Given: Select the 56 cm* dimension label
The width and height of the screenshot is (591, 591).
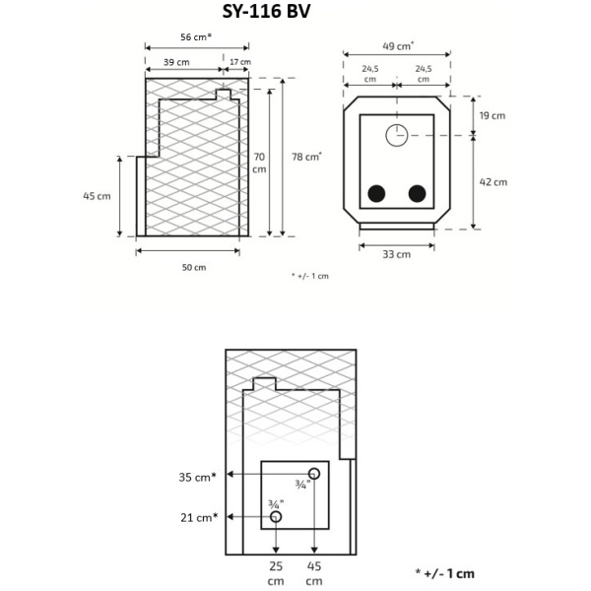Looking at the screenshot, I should [196, 36].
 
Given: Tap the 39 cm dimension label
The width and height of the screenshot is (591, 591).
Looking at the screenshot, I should [177, 62].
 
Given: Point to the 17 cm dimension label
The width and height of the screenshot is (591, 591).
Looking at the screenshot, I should [239, 62].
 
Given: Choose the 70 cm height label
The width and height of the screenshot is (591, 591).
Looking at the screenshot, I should [259, 163].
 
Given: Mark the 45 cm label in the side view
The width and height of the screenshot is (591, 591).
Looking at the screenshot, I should [97, 195].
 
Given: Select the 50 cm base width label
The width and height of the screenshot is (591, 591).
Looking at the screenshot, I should [194, 267].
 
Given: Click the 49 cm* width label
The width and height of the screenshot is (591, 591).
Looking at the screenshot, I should [397, 44].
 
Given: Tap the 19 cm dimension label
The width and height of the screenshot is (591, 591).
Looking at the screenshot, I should [492, 115].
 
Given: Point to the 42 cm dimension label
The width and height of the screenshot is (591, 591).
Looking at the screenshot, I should [492, 182].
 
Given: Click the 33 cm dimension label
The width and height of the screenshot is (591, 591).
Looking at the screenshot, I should [396, 254].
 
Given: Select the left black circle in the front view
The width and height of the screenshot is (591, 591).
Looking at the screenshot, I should [376, 193].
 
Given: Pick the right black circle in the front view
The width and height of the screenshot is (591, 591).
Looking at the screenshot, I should [418, 193].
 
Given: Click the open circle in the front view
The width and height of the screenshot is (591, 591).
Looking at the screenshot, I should [396, 135].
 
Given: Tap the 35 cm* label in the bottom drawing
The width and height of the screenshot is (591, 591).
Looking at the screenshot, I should [197, 477].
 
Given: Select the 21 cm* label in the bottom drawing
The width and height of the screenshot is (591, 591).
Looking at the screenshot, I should [197, 517].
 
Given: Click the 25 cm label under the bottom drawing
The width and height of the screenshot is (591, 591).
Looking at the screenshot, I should [276, 573].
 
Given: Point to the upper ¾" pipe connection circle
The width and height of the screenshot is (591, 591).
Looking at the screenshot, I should [314, 472].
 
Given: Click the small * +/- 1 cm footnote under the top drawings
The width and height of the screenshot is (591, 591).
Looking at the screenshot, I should [310, 276].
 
